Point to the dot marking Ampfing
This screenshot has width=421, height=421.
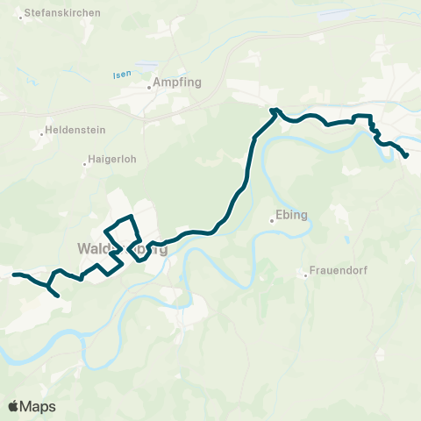(x=149, y=87)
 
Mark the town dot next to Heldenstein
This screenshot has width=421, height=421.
(x=42, y=134)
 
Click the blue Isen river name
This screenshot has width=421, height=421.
(x=121, y=75)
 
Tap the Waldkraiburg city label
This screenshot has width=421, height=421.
(x=121, y=248)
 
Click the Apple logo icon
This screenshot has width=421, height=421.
(x=13, y=406)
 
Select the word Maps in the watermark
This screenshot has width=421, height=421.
(x=38, y=406)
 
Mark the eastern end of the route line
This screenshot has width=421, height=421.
(x=407, y=156)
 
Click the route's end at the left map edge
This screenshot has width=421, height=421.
(x=13, y=275)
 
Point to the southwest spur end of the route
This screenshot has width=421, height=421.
(x=58, y=296)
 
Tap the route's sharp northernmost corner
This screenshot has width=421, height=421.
(x=274, y=110)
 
